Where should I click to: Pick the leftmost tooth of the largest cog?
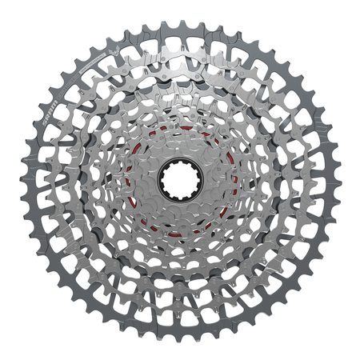tap(22, 180)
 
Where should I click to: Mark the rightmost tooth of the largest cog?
tap(338, 180)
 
